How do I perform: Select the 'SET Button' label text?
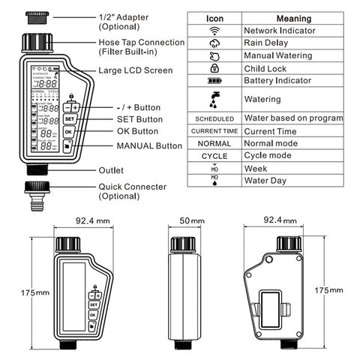(139, 118)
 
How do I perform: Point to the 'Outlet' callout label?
(112, 170)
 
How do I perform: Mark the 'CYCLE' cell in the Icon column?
(215, 156)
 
